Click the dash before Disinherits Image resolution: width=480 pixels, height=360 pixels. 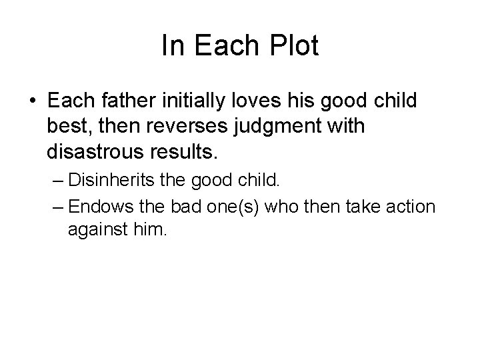pyautogui.click(x=56, y=181)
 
